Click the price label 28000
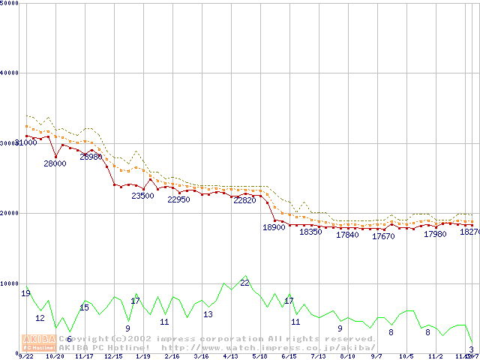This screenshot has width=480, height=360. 55,163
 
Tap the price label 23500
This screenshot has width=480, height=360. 142,196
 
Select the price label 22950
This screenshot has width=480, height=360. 178,199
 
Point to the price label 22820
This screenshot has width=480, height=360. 244,201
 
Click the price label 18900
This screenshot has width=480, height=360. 274,227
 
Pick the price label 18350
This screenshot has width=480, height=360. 310,232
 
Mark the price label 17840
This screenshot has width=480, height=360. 347,235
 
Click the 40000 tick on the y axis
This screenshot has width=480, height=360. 10,73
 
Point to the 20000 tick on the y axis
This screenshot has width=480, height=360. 10,213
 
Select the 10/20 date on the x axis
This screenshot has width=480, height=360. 55,356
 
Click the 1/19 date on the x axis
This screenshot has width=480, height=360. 142,356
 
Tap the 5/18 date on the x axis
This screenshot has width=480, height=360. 259,356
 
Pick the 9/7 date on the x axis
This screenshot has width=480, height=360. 376,356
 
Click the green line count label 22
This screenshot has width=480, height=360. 244,282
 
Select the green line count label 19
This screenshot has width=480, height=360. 25,293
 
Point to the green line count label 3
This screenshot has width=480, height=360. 471,349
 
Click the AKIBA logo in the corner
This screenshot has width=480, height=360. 38,342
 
